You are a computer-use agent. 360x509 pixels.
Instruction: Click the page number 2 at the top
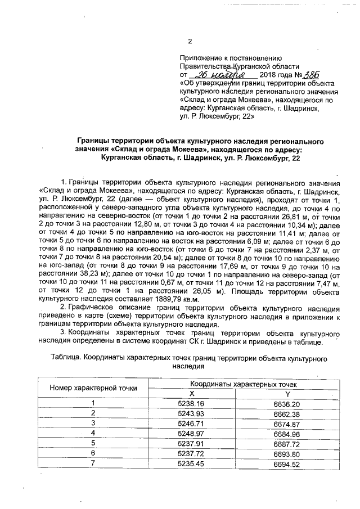(190, 41)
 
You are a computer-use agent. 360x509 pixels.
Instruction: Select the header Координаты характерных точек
(240, 384)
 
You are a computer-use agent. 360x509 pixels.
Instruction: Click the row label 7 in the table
(94, 462)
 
